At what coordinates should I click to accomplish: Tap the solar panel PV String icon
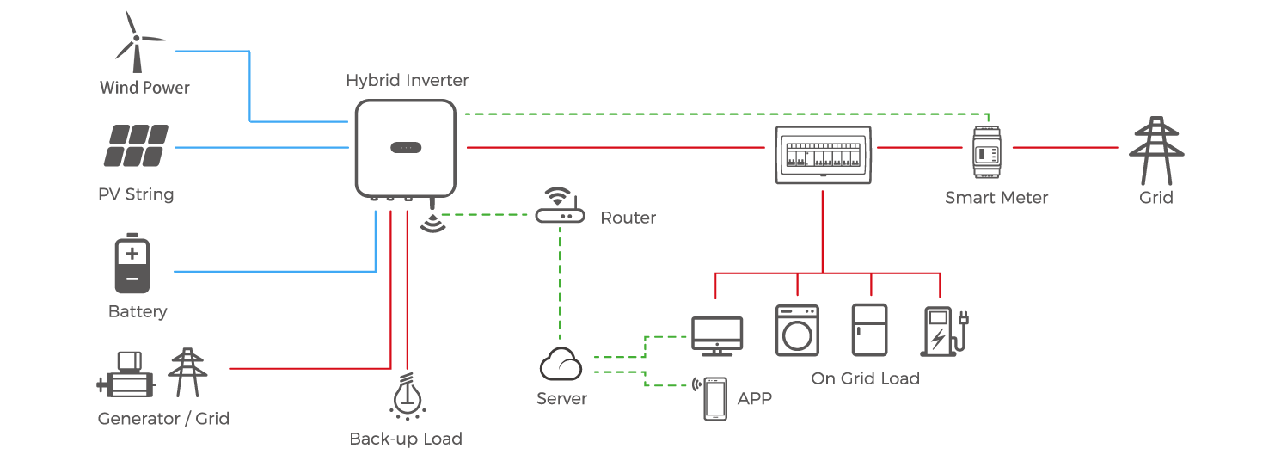(x=137, y=147)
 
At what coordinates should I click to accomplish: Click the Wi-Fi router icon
(x=560, y=209)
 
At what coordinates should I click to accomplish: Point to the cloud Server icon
(x=561, y=365)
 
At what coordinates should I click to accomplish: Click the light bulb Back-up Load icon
(x=406, y=395)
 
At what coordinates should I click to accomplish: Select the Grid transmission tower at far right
(x=1155, y=150)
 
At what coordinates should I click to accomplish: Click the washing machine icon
(x=797, y=330)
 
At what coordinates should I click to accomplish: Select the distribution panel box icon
(x=824, y=154)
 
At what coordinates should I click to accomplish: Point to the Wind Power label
(x=144, y=88)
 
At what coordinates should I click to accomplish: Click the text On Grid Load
(x=865, y=378)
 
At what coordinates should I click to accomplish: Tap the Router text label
(x=628, y=218)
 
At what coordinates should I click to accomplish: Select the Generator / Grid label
(x=163, y=419)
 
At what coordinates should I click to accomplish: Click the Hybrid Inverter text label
(x=408, y=81)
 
